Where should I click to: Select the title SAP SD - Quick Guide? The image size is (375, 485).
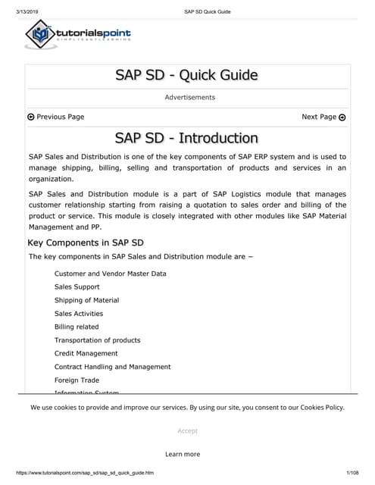[x=186, y=74]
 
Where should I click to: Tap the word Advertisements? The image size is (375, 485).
[x=189, y=97]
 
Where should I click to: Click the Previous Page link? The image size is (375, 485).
[x=55, y=117]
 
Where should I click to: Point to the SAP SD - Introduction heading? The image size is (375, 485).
[x=186, y=138]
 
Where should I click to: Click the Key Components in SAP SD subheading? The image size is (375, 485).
[x=86, y=243]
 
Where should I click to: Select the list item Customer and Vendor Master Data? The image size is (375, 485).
[x=111, y=273]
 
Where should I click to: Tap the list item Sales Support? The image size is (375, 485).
[x=77, y=287]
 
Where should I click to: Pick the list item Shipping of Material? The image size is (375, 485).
[x=86, y=300]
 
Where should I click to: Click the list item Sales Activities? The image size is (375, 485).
[x=79, y=314]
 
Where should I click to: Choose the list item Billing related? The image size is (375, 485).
[x=77, y=327]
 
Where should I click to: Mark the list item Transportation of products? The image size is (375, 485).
[x=97, y=340]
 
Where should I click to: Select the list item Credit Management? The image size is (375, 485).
[x=86, y=353]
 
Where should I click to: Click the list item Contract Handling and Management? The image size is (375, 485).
[x=112, y=367]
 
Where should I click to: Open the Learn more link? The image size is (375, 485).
[x=183, y=454]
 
